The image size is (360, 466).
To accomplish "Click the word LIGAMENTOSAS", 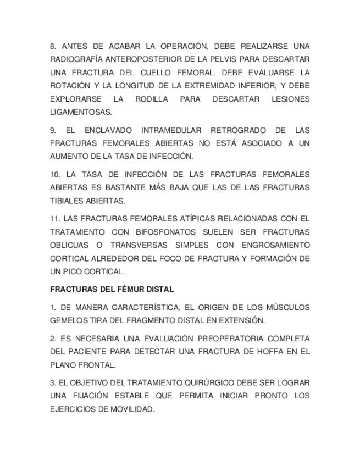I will pyautogui.click(x=81, y=112).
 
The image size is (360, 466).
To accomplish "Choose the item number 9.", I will pyautogui.click(x=53, y=130).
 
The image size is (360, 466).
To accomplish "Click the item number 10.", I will pyautogui.click(x=55, y=174).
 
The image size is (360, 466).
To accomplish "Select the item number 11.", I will pyautogui.click(x=55, y=219).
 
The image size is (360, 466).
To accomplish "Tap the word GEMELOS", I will pyautogui.click(x=69, y=320).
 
